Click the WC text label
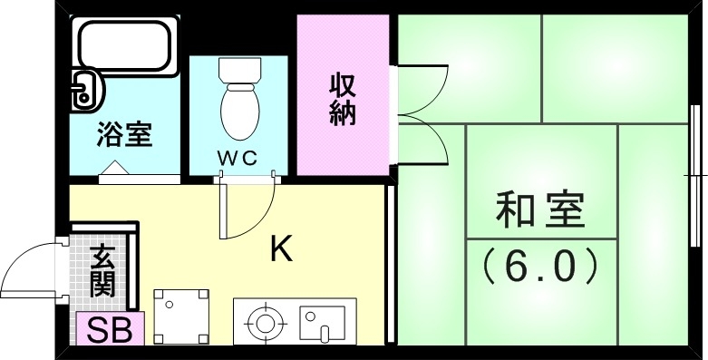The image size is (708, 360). pyautogui.click(x=238, y=156)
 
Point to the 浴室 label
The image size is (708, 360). pyautogui.click(x=124, y=136)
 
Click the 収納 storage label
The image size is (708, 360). pyautogui.click(x=342, y=99)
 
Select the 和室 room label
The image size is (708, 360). pyautogui.click(x=540, y=210)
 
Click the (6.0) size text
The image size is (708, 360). pyautogui.click(x=540, y=265)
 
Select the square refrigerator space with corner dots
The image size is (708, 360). pyautogui.click(x=181, y=316)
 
